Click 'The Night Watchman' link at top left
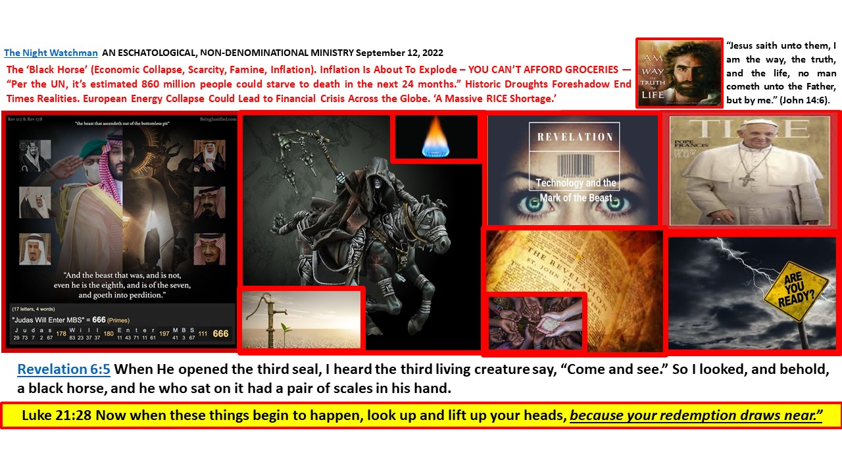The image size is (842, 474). coord(51,53)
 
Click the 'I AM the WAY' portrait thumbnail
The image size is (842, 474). coord(679,72)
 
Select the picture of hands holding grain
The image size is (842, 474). coord(535,322)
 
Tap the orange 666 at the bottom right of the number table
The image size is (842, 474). coord(220,333)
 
